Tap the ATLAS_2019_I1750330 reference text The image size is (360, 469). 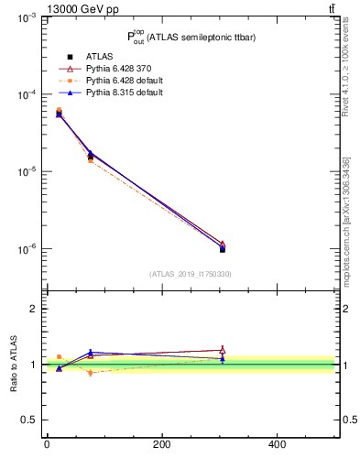[190, 273]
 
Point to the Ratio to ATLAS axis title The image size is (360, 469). [13, 365]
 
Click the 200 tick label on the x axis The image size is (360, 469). [161, 445]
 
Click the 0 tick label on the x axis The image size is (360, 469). [47, 445]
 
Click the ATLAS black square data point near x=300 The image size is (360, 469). [222, 249]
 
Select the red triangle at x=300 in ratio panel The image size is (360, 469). [222, 349]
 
